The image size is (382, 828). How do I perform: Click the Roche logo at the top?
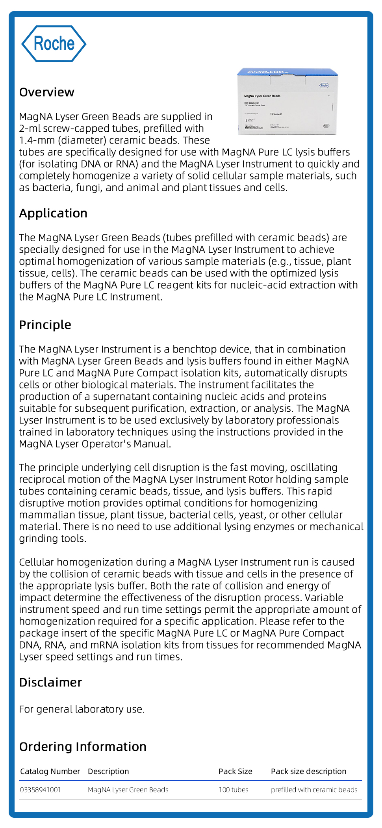pyautogui.click(x=54, y=44)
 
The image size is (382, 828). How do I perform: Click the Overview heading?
pyautogui.click(x=46, y=92)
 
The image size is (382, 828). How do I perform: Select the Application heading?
pyautogui.click(x=53, y=213)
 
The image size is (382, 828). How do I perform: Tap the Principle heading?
pyautogui.click(x=45, y=325)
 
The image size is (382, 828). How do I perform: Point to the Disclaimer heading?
pyautogui.click(x=50, y=683)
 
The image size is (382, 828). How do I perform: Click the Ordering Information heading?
pyautogui.click(x=83, y=747)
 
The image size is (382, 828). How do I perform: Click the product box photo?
pyautogui.click(x=288, y=102)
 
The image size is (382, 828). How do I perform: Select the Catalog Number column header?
pyautogui.click(x=50, y=771)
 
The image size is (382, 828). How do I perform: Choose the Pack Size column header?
pyautogui.click(x=236, y=771)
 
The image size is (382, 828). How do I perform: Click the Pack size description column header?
pyautogui.click(x=309, y=771)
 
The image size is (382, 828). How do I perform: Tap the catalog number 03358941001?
pyautogui.click(x=41, y=790)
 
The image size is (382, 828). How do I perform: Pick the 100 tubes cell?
pyautogui.click(x=234, y=790)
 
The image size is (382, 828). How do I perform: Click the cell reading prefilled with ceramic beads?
pyautogui.click(x=314, y=790)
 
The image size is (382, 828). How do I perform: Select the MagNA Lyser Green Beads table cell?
pyautogui.click(x=128, y=790)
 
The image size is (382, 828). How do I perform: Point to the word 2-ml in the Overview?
pyautogui.click(x=29, y=129)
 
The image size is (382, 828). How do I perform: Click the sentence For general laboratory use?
pyautogui.click(x=82, y=709)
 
